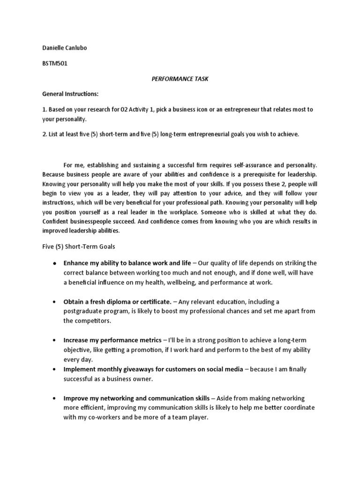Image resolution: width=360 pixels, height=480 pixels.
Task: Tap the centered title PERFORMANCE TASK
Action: point(180,79)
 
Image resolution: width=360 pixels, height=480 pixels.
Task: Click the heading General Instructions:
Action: point(69,94)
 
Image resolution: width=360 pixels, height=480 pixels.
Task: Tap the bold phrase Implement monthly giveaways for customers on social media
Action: point(153,369)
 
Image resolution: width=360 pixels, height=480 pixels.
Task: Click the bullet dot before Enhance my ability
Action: point(55,263)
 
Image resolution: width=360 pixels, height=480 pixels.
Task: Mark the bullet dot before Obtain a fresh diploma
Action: point(55,301)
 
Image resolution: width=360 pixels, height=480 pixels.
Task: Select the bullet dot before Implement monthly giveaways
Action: point(55,370)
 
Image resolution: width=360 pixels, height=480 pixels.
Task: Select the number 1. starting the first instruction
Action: point(45,109)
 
